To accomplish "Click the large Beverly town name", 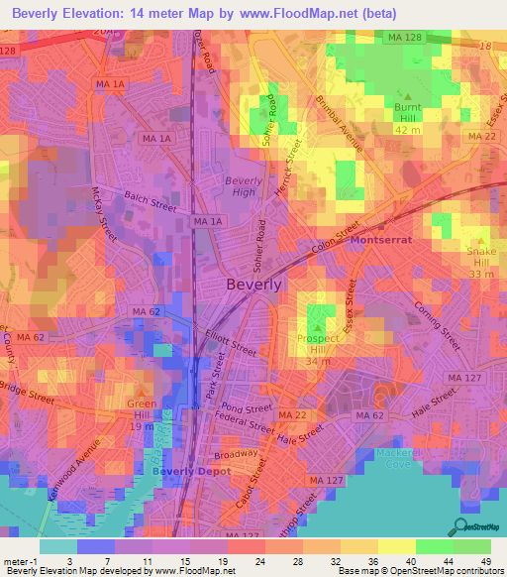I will tap(254, 284).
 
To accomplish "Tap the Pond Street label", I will tap(247, 408).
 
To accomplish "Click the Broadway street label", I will tap(236, 454).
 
